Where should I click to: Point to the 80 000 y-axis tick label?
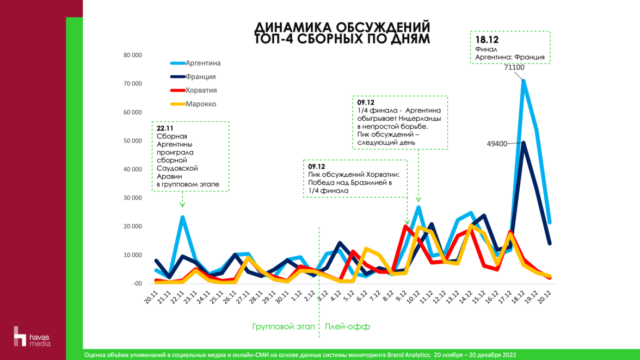pyautogui.click(x=133, y=55)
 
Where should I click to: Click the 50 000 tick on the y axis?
pyautogui.click(x=133, y=141)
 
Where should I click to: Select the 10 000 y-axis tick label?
pyautogui.click(x=133, y=255)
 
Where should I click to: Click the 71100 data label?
pyautogui.click(x=514, y=67)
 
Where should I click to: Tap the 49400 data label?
pyautogui.click(x=497, y=144)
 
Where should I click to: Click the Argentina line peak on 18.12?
pyautogui.click(x=524, y=80)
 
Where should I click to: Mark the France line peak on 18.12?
pyautogui.click(x=524, y=142)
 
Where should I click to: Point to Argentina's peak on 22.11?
pyautogui.click(x=182, y=218)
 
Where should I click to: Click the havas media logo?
pyautogui.click(x=32, y=336)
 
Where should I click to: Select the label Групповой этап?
pyautogui.click(x=284, y=327)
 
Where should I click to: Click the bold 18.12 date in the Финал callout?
pyautogui.click(x=487, y=40)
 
